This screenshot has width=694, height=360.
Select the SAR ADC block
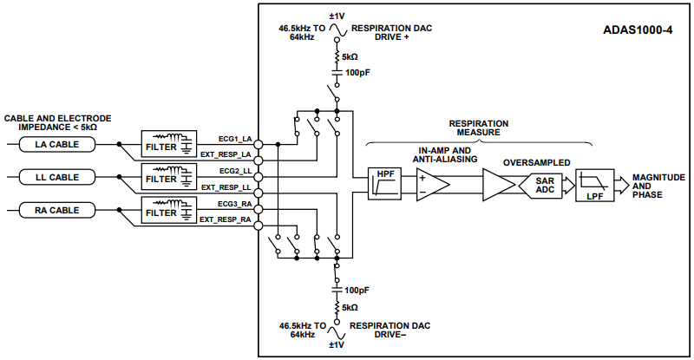point(542,184)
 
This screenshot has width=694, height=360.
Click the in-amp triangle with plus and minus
point(431,184)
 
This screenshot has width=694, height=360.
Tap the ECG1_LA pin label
point(234,139)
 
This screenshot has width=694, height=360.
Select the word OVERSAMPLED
point(535,162)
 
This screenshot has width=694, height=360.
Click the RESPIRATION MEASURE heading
point(478,128)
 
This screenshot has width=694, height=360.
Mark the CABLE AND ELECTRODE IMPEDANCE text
point(57,122)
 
